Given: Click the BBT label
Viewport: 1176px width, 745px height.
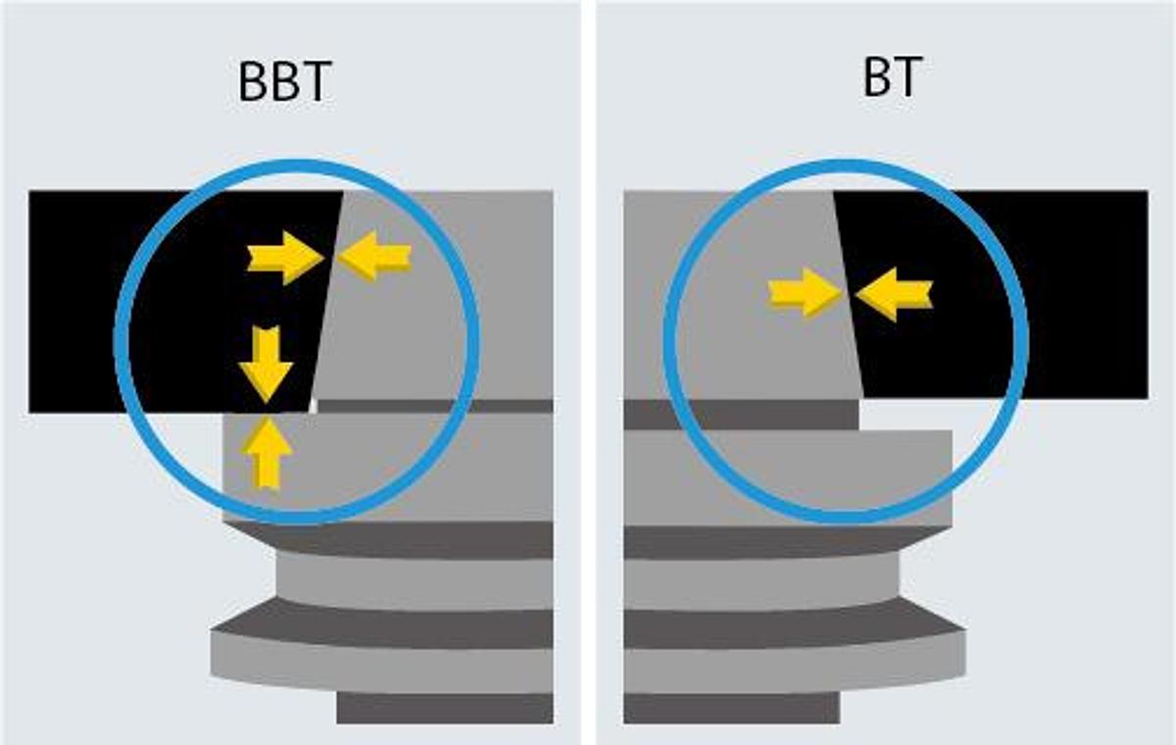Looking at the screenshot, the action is tap(284, 81).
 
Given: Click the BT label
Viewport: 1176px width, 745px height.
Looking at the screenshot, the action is tap(893, 76).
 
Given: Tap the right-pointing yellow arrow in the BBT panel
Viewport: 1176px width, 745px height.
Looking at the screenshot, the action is tap(285, 258).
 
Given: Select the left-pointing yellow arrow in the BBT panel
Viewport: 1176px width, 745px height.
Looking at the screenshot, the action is tap(373, 256).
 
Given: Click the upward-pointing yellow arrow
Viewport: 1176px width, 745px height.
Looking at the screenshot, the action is tap(267, 454).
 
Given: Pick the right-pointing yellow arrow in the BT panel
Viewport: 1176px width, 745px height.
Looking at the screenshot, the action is tap(805, 293).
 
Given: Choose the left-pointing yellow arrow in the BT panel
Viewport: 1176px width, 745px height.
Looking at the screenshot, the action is tap(894, 294).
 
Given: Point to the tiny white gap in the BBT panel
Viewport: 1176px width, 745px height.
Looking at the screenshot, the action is tap(313, 405).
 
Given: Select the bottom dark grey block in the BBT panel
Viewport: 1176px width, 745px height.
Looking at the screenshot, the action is tap(445, 708).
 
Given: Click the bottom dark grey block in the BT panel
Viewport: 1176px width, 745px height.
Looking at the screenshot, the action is tap(731, 708).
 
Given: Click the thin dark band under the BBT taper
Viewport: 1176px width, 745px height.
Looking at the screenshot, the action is tap(435, 406).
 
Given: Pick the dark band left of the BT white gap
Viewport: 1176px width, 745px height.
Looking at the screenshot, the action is tap(741, 415).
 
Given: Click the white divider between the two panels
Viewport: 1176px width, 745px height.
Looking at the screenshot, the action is tap(588, 372).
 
